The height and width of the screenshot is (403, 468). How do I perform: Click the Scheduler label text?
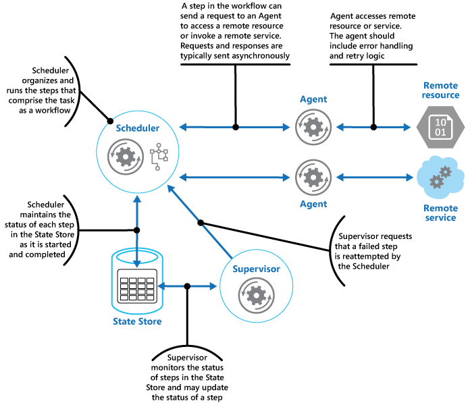[x=137, y=128]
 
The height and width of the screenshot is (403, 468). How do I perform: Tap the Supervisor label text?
[x=256, y=269]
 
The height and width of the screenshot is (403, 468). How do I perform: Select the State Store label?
[x=137, y=321]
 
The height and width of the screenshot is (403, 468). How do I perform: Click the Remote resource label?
[x=441, y=90]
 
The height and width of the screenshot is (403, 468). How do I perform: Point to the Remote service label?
[x=440, y=213]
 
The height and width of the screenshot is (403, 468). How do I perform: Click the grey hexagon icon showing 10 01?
[x=439, y=126]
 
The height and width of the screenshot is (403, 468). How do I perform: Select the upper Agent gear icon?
[x=313, y=126]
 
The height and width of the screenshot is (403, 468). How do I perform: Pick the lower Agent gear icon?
[x=313, y=178]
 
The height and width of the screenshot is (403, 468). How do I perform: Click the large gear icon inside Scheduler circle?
[x=126, y=157]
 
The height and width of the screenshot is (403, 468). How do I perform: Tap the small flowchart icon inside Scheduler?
[x=159, y=157]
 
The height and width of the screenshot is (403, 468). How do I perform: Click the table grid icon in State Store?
[x=137, y=287]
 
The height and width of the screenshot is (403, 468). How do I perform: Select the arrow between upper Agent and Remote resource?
[x=375, y=127]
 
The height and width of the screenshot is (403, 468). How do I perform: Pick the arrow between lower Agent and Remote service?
[x=375, y=178]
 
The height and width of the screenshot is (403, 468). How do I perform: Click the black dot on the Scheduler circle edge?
[x=109, y=121]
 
